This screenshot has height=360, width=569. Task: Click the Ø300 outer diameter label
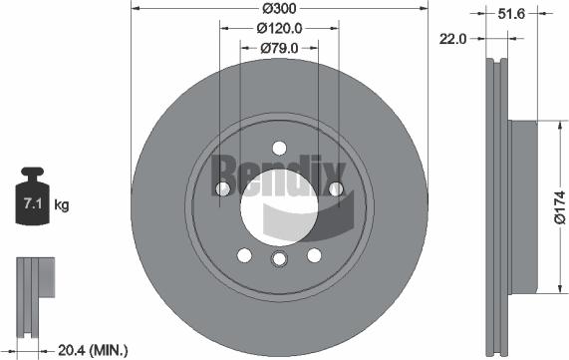pyautogui.click(x=279, y=9)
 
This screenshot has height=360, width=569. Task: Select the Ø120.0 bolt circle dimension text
pyautogui.click(x=280, y=29)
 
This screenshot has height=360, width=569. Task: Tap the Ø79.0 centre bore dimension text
pyautogui.click(x=280, y=48)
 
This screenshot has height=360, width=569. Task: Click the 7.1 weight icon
pyautogui.click(x=31, y=203)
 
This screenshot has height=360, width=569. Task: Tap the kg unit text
pyautogui.click(x=62, y=206)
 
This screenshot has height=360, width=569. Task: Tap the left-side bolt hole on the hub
pyautogui.click(x=222, y=188)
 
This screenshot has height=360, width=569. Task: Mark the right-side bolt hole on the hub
pyautogui.click(x=336, y=188)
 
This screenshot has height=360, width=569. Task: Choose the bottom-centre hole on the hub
pyautogui.click(x=279, y=259)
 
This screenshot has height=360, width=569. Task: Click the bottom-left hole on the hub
pyautogui.click(x=244, y=255)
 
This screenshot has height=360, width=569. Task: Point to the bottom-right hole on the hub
pyautogui.click(x=314, y=255)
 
